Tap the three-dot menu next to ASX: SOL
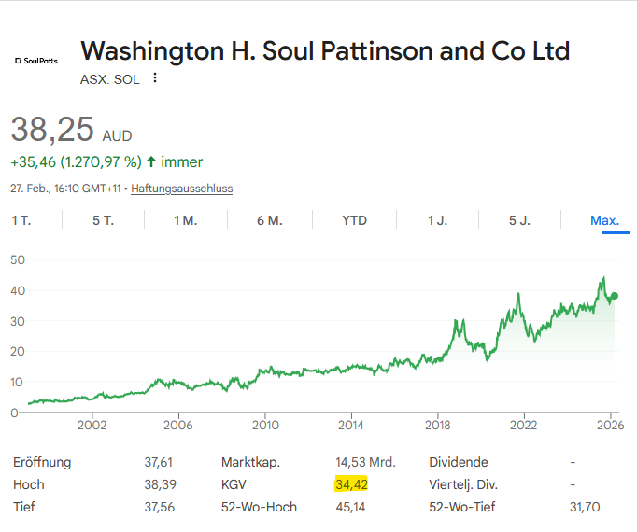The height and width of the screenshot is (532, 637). click(x=155, y=78)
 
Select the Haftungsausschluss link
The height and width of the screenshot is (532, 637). click(x=181, y=189)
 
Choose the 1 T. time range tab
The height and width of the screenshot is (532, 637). click(x=21, y=220)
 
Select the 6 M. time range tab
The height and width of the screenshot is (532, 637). click(x=269, y=220)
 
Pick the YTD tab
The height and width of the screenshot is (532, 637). click(x=354, y=220)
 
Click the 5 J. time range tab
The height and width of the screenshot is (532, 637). click(x=519, y=220)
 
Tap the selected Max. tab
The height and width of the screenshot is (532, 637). click(x=604, y=220)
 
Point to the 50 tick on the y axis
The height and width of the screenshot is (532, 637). click(x=17, y=259)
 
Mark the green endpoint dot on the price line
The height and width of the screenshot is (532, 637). click(x=614, y=296)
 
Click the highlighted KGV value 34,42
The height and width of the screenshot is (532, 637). click(x=353, y=484)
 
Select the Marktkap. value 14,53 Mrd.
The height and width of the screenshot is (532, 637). click(x=365, y=462)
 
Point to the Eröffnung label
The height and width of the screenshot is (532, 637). click(x=42, y=462)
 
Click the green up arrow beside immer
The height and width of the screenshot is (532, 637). click(x=151, y=161)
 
